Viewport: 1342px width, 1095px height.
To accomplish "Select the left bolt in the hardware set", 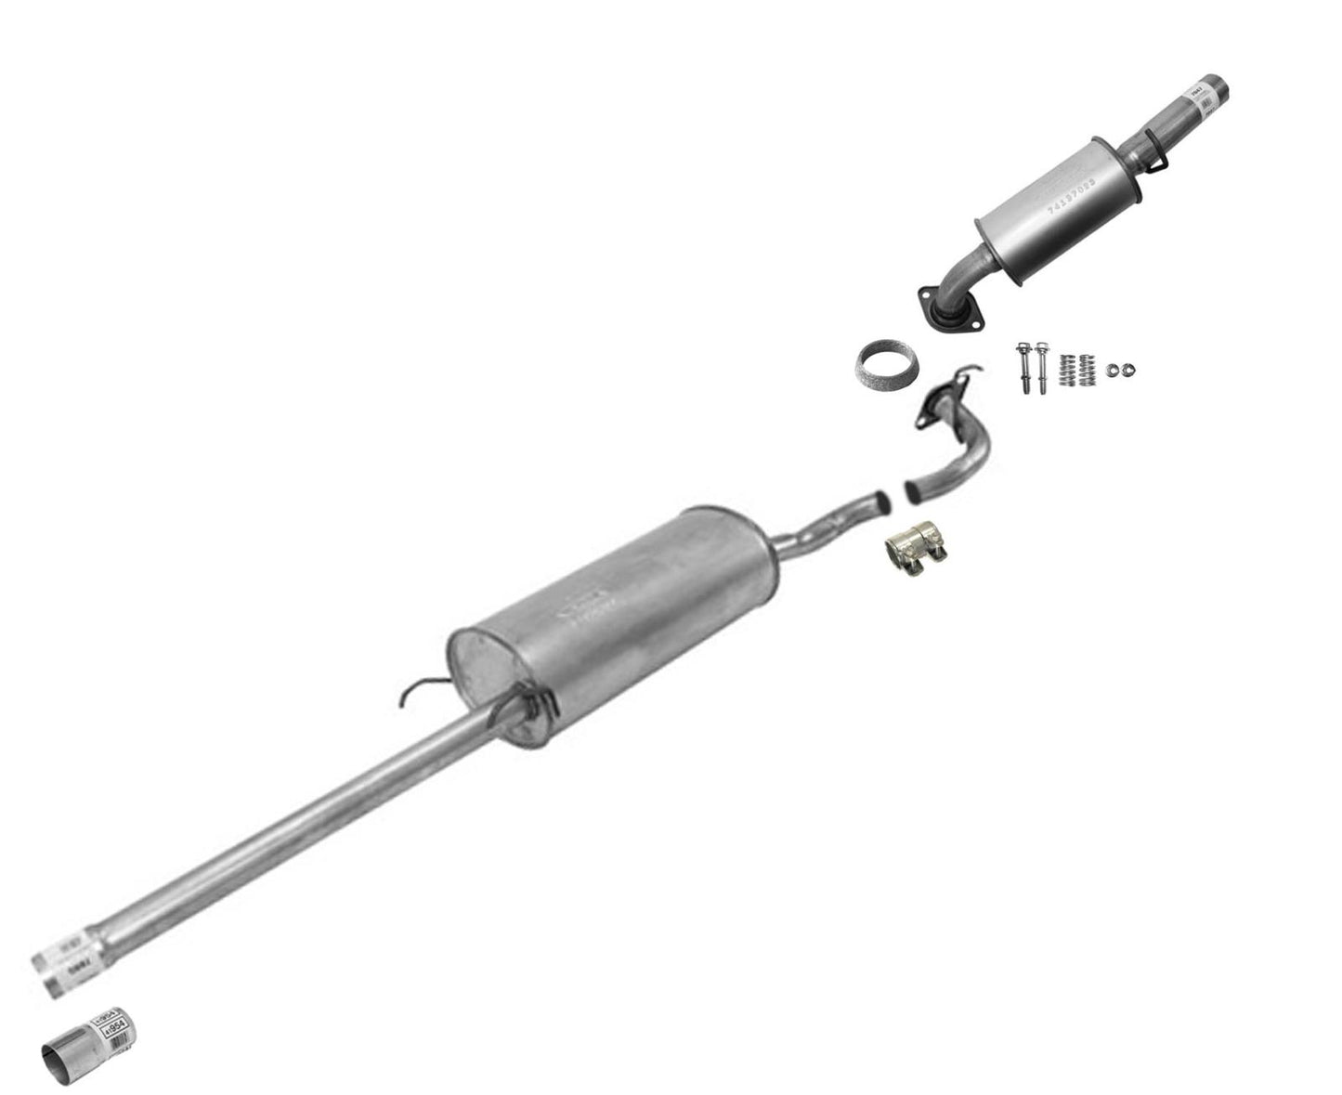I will tap(1023, 371).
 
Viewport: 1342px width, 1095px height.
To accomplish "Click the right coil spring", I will tap(1088, 369).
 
